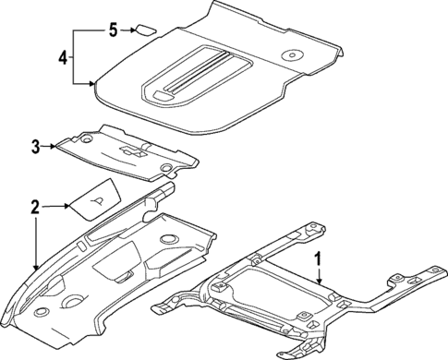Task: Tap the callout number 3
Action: [35, 146]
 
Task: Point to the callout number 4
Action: [63, 56]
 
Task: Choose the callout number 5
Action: [113, 30]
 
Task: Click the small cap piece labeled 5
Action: [145, 29]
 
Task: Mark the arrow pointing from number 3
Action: [48, 145]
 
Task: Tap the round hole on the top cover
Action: [292, 52]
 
